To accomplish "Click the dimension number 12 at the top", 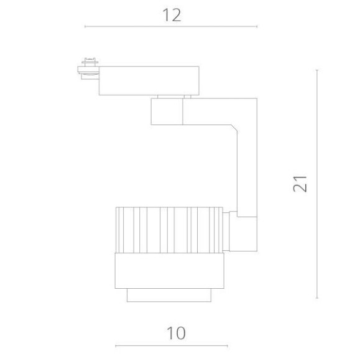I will [x=172, y=15].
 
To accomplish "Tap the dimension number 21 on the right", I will [x=301, y=184].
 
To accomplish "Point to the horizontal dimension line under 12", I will [x=171, y=27].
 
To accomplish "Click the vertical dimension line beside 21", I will [x=317, y=184].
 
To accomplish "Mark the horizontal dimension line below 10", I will [x=172, y=346].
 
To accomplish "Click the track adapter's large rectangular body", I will [x=149, y=80].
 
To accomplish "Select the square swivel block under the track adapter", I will [x=166, y=111].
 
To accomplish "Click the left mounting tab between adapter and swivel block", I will [x=161, y=96].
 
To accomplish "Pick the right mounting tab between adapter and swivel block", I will [x=187, y=96].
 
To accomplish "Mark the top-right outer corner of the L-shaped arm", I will [x=257, y=98].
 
